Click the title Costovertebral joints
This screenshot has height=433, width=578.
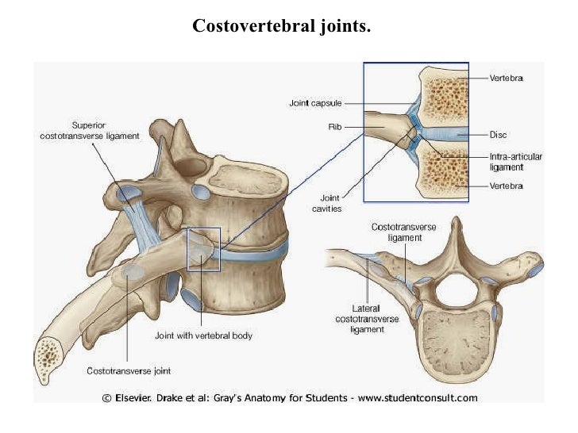[281, 27]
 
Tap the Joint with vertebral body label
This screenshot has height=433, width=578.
[203, 335]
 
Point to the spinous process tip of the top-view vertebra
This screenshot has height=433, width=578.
[456, 224]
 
